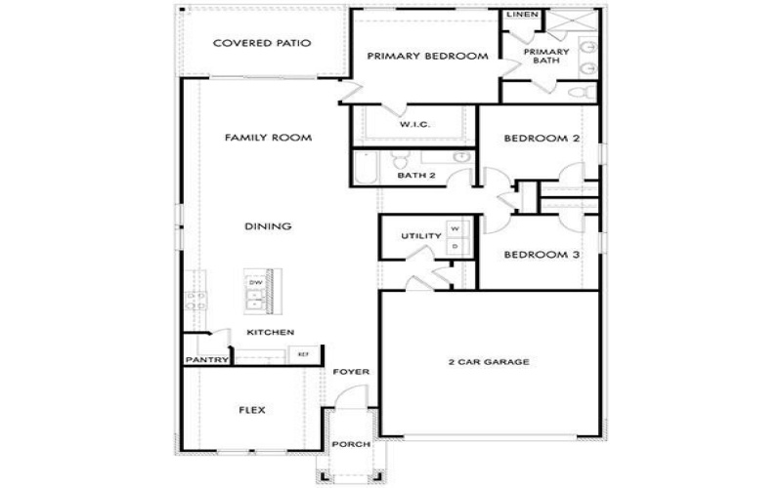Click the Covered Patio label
[x=261, y=43]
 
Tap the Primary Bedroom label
[x=427, y=57]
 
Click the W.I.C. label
[x=415, y=125]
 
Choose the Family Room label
[x=268, y=139]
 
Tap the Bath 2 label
[x=415, y=177]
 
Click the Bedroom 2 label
[x=542, y=139]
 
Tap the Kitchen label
[x=270, y=333]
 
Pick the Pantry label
[x=207, y=360]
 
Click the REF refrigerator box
[x=303, y=353]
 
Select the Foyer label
[x=350, y=373]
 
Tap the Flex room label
[x=252, y=410]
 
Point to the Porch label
[x=351, y=445]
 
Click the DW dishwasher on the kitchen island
[x=256, y=282]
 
